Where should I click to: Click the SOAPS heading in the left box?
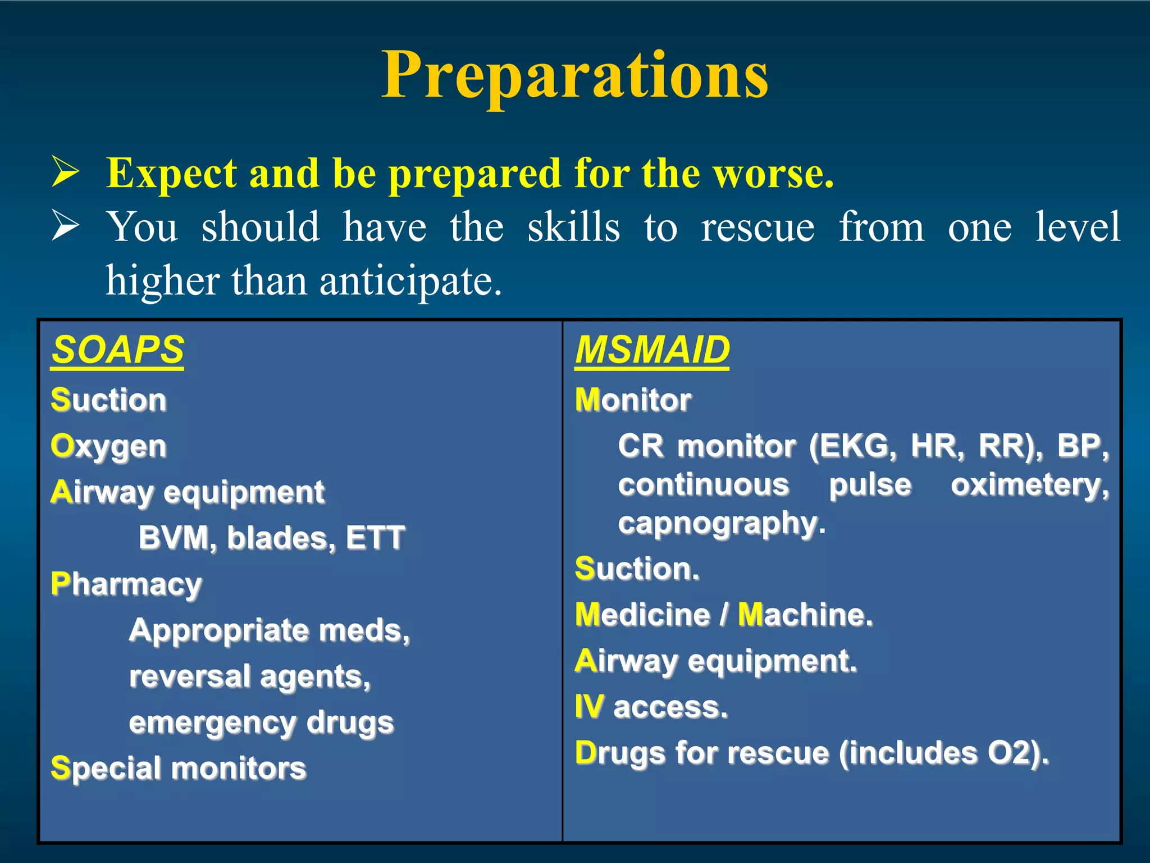click(117, 350)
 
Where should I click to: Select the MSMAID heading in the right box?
click(652, 350)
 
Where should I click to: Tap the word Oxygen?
click(108, 447)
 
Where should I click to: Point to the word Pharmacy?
click(126, 584)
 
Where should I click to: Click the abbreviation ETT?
click(375, 538)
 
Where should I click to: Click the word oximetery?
click(1029, 485)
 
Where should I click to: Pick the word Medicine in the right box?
click(642, 615)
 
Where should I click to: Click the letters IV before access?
click(589, 707)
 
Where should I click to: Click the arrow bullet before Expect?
click(65, 172)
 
